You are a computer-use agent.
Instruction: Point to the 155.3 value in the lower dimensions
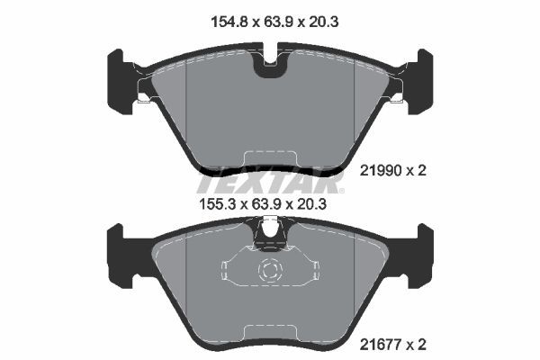pos(216,204)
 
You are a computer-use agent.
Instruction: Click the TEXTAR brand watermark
pos(270,184)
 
